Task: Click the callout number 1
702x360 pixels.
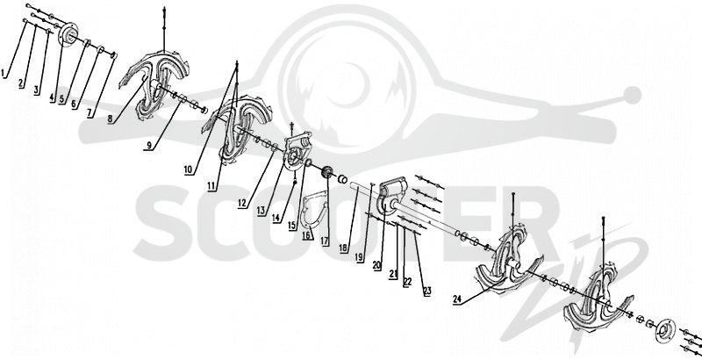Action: (x=4, y=73)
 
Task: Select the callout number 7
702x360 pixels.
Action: (x=90, y=113)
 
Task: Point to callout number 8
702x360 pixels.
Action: (x=111, y=119)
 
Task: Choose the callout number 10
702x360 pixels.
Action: (x=188, y=169)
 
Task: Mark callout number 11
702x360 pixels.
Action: (x=212, y=186)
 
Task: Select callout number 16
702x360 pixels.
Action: (x=307, y=235)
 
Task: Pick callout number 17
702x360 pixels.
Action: (x=325, y=241)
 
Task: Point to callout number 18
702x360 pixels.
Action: (x=344, y=248)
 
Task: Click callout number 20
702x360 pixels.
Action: (x=376, y=265)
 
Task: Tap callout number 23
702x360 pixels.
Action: (x=427, y=291)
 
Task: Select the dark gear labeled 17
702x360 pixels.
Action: (x=326, y=172)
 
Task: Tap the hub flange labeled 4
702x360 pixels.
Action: (x=69, y=33)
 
